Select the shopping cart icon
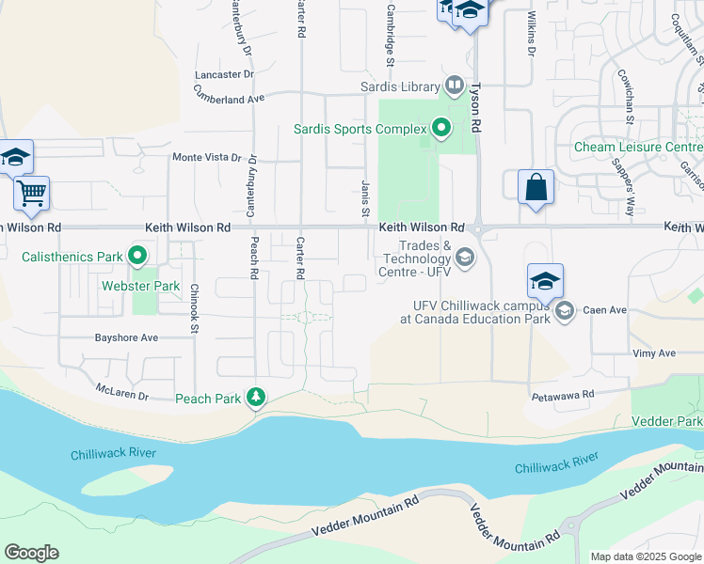point(31,195)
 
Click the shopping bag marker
point(536,186)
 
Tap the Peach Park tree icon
point(255,399)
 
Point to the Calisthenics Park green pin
point(137,256)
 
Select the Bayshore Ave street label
point(127,337)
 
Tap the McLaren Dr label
point(122,390)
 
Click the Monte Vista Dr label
point(200,158)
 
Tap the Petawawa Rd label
point(563,395)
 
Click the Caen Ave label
point(604,310)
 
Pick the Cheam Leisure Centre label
point(639,148)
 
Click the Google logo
point(31,553)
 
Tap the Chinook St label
point(194,308)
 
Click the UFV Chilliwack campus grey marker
point(564,311)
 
